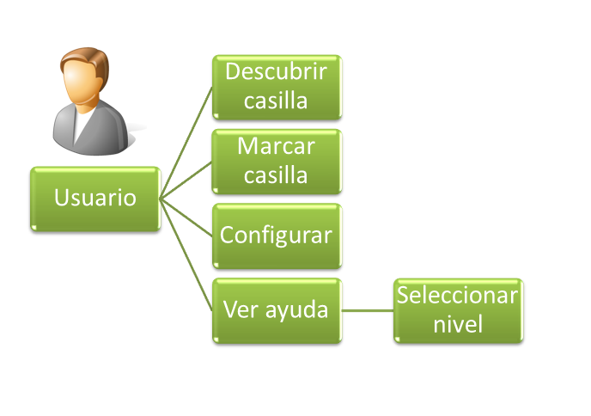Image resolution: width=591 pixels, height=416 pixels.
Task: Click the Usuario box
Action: pos(94,199)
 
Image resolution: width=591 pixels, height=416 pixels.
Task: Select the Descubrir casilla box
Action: pos(277,87)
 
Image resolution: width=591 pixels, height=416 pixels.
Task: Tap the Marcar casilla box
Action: pos(277,161)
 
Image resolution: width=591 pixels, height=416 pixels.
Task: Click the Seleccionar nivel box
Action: pos(458,310)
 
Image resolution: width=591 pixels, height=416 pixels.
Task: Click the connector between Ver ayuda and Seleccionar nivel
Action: pos(368,310)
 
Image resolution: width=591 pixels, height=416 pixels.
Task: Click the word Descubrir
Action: pos(277,72)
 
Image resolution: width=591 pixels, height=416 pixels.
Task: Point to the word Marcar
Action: pos(277,147)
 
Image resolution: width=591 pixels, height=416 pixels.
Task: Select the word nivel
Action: pos(458,325)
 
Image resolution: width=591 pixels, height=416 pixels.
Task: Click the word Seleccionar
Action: pos(458,296)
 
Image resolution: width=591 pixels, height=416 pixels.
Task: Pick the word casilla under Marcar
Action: pos(277,175)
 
